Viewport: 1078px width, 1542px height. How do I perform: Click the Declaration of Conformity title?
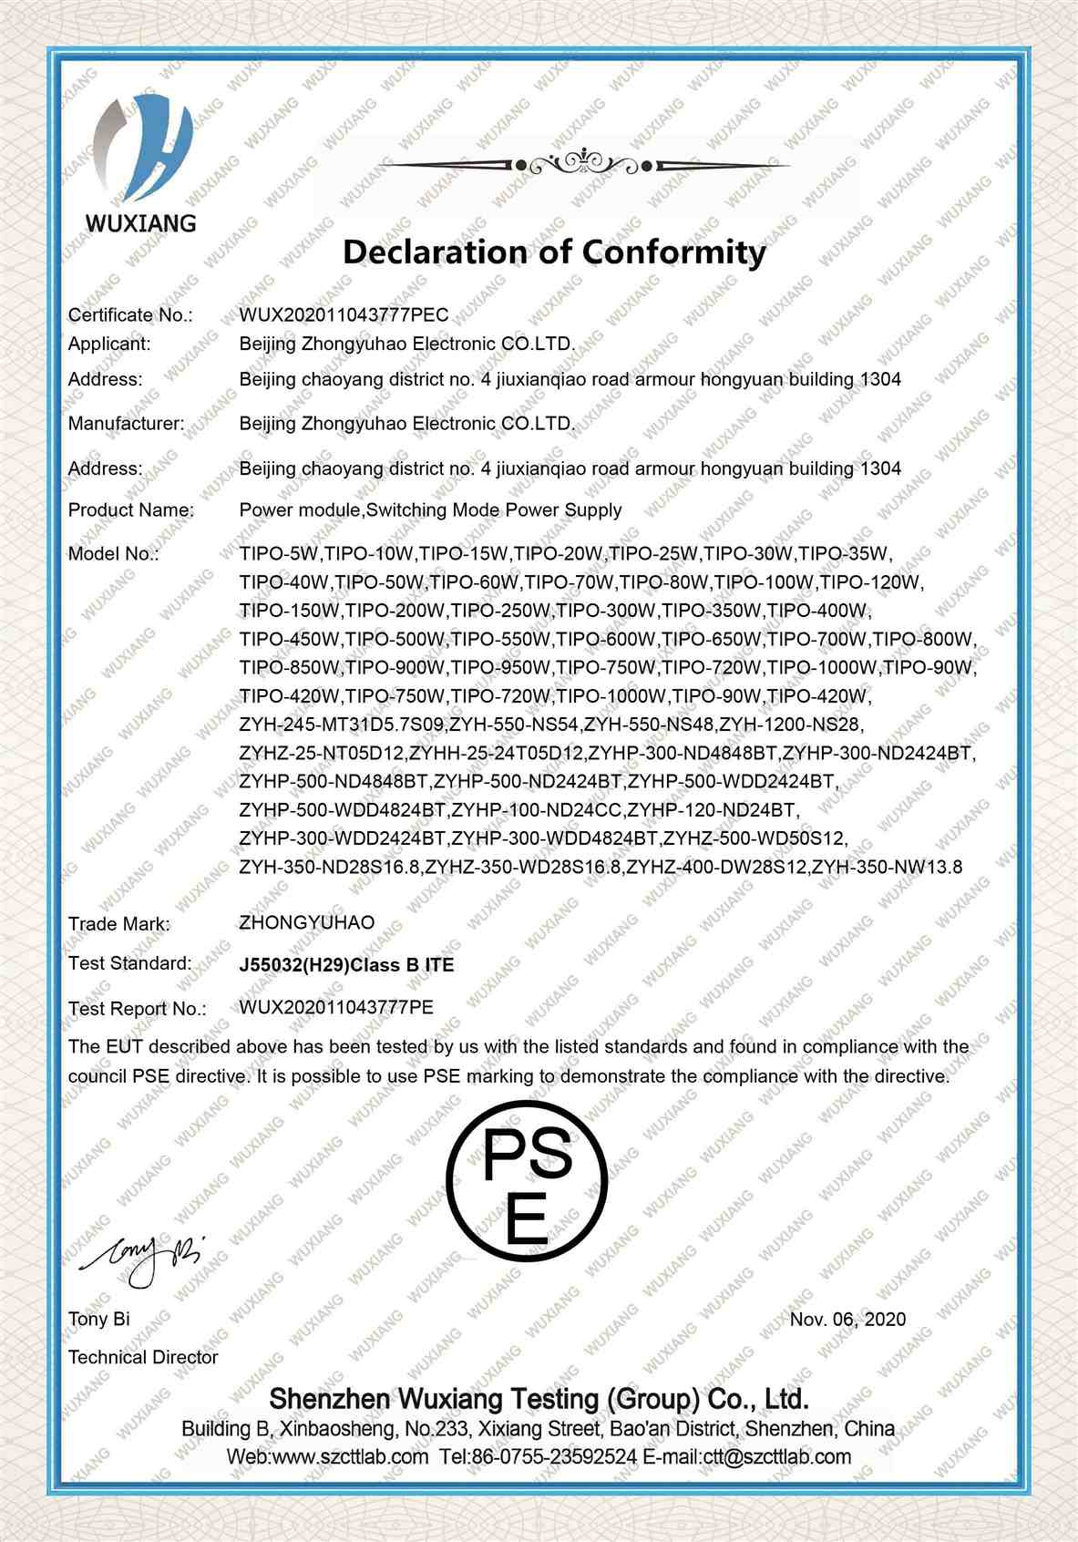tap(554, 251)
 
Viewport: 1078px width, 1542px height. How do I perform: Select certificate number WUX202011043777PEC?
tap(344, 314)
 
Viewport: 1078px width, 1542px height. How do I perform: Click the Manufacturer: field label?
tap(126, 423)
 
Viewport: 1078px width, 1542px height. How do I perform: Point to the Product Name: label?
tap(130, 509)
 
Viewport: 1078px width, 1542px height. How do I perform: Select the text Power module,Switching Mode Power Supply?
tap(430, 509)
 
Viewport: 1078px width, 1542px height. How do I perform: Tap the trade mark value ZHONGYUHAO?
tap(306, 922)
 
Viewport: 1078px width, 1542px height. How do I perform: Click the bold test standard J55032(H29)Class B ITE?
tap(346, 964)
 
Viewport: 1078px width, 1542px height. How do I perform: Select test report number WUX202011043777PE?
tap(335, 1007)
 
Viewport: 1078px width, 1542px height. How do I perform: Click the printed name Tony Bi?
tap(98, 1319)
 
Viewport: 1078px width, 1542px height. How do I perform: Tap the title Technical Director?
tap(143, 1357)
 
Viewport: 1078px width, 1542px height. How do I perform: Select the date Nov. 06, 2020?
tap(847, 1319)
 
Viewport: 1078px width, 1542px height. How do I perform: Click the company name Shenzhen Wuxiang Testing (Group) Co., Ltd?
tap(539, 1399)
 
